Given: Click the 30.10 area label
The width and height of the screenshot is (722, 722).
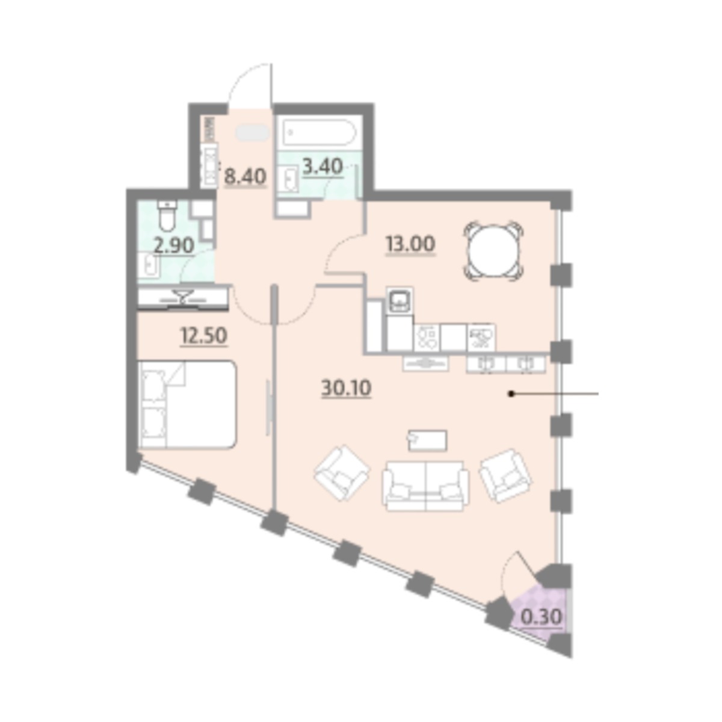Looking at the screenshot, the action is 346,388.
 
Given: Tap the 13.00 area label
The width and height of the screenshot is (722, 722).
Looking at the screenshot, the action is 410,244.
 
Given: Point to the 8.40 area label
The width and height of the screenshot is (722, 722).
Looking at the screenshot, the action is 245,176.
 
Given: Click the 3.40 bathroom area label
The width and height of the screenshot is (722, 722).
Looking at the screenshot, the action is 322,167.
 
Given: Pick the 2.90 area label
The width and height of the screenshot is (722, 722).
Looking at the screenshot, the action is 174,246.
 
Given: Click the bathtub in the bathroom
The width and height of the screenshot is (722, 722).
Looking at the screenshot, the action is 318,132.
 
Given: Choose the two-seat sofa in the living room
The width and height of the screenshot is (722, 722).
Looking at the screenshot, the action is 425,486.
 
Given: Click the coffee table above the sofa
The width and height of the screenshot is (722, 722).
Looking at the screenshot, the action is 428,440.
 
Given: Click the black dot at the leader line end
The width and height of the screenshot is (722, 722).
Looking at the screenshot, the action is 511,393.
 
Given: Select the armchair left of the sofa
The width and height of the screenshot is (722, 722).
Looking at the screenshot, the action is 342,473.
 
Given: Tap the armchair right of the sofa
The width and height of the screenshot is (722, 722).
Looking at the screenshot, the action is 506,476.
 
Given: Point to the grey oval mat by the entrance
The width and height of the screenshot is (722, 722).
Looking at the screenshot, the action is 253,132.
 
